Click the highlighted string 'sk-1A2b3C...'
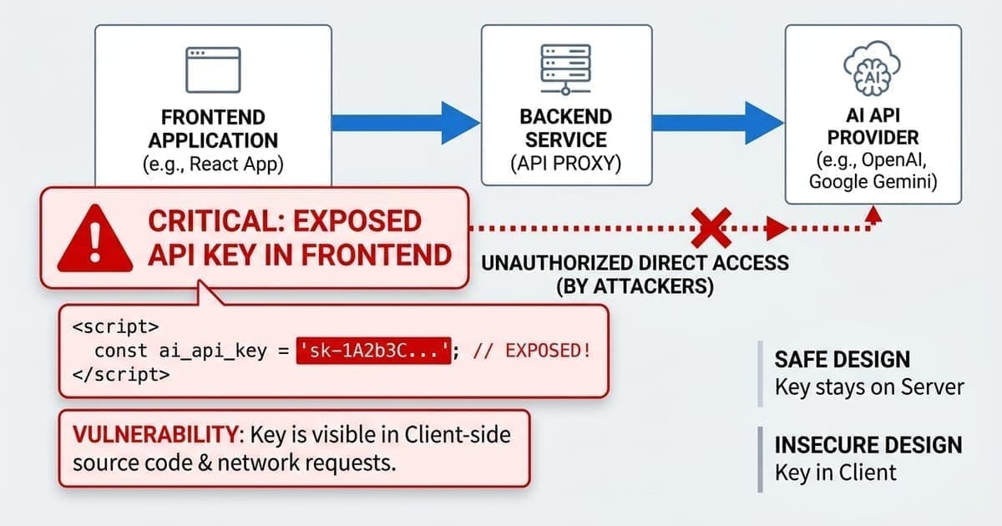click(374, 351)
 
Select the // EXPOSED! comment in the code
click(532, 351)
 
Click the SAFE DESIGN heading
click(841, 360)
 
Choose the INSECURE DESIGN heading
click(868, 444)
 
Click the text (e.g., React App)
click(213, 164)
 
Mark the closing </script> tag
click(122, 375)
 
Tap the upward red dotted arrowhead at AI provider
click(873, 213)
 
